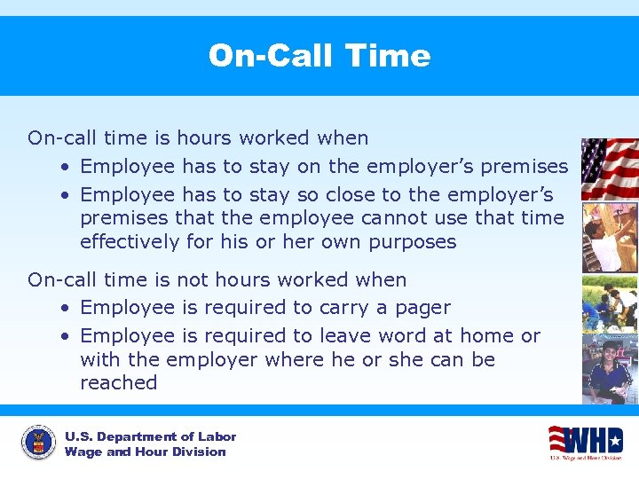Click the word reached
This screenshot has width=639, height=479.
tap(118, 382)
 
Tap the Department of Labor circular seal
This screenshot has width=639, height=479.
tap(38, 442)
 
